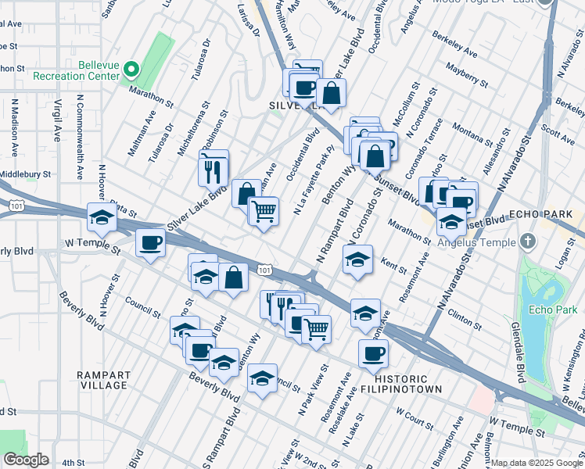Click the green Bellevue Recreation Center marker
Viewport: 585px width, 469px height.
[x=131, y=70]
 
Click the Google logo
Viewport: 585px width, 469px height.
[x=26, y=460]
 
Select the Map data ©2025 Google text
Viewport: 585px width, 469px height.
[x=536, y=463]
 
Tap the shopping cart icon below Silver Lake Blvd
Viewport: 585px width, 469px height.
[x=264, y=209]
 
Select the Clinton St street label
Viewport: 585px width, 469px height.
[x=465, y=318]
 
